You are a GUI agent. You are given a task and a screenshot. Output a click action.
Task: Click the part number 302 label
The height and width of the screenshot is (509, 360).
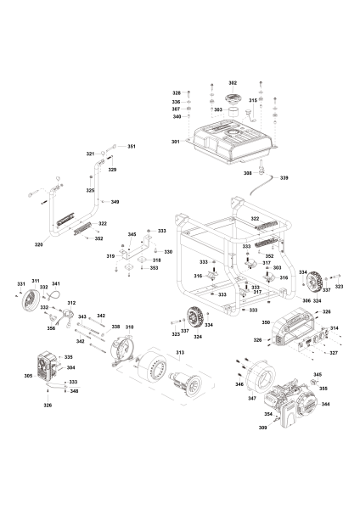click(x=233, y=83)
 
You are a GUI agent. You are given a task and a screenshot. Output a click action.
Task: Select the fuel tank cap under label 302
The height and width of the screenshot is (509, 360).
click(x=233, y=98)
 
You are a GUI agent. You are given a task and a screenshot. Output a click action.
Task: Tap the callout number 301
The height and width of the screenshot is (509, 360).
click(x=176, y=142)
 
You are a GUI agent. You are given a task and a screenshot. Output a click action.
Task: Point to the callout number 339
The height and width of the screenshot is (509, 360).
click(x=284, y=177)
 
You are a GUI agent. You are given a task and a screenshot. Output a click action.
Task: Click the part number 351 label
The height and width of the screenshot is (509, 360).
click(x=132, y=147)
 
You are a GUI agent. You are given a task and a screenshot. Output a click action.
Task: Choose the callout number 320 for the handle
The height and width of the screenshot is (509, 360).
click(x=39, y=245)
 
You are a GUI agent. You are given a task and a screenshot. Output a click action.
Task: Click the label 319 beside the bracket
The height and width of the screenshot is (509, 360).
click(x=110, y=256)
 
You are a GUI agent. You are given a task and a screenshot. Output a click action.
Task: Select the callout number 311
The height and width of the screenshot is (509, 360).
click(x=36, y=281)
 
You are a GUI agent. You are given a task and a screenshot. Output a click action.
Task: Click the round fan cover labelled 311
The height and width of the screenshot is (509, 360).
click(x=31, y=299)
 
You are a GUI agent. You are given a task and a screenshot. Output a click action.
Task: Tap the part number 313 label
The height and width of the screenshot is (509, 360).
click(x=180, y=353)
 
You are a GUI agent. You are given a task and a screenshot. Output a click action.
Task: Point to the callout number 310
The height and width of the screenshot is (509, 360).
click(x=129, y=327)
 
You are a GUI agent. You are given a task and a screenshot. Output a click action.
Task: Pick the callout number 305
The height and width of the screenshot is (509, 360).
click(x=28, y=376)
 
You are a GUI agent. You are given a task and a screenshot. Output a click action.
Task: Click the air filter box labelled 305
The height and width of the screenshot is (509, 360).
click(x=47, y=366)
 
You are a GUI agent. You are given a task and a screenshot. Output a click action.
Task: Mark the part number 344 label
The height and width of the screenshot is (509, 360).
click(x=325, y=404)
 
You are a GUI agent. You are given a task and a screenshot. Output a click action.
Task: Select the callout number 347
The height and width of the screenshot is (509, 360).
click(x=252, y=399)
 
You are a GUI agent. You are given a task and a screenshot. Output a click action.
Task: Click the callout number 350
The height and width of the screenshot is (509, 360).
click(x=266, y=322)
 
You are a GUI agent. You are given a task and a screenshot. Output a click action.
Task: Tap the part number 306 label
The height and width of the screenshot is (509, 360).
click(x=307, y=300)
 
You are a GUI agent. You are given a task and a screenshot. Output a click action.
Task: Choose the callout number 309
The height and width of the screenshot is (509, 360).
click(x=262, y=428)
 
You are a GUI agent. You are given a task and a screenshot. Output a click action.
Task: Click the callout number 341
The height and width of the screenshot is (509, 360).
click(x=56, y=283)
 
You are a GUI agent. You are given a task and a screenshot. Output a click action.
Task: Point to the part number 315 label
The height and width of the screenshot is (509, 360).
click(x=253, y=101)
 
